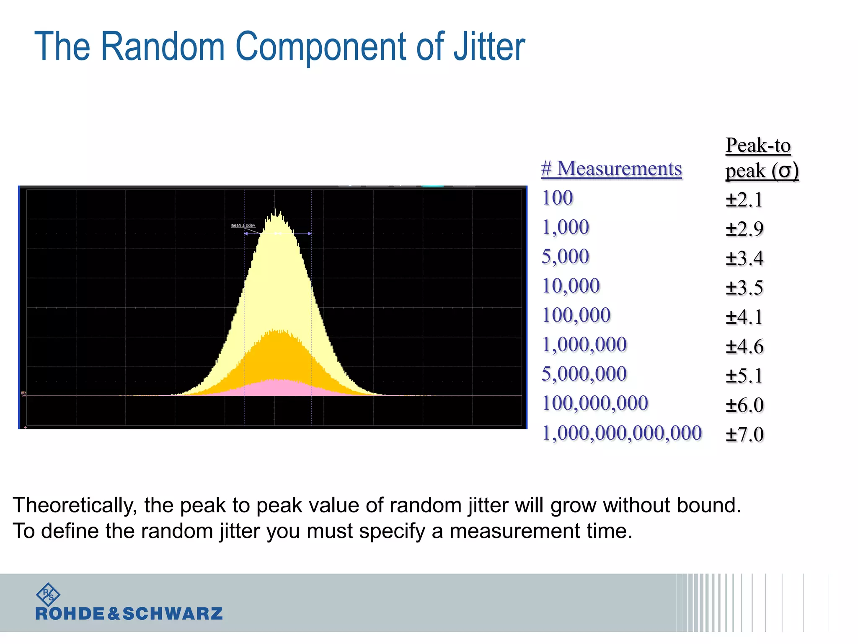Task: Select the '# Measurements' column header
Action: pyautogui.click(x=611, y=169)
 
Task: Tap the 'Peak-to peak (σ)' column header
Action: pyautogui.click(x=762, y=158)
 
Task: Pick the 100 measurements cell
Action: pyautogui.click(x=557, y=198)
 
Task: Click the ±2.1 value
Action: pyautogui.click(x=744, y=200)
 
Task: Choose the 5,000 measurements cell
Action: pyautogui.click(x=565, y=257)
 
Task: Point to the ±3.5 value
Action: pyautogui.click(x=744, y=288)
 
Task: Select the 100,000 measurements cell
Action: pyautogui.click(x=576, y=315)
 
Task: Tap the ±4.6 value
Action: pyautogui.click(x=744, y=346)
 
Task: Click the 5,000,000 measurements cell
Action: pyautogui.click(x=584, y=374)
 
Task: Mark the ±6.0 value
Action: pyautogui.click(x=744, y=405)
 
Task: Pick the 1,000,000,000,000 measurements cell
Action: pyautogui.click(x=622, y=433)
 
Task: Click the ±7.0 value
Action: pyautogui.click(x=744, y=434)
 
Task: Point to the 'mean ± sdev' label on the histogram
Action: pyautogui.click(x=243, y=226)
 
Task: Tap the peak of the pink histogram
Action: pyautogui.click(x=277, y=381)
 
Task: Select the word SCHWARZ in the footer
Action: pyautogui.click(x=172, y=614)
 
